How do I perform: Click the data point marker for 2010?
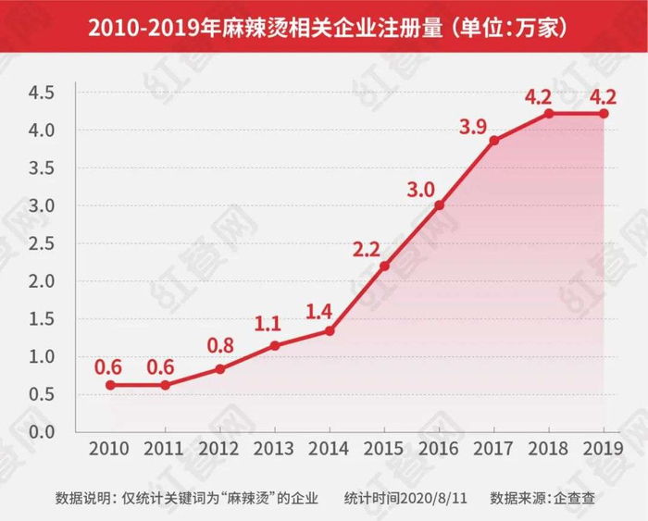click(110, 385)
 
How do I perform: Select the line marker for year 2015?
click(384, 266)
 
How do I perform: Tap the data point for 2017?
click(494, 140)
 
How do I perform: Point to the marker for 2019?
click(604, 113)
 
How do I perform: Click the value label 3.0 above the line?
click(421, 190)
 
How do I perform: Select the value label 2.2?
click(367, 249)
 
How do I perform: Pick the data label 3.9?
click(475, 125)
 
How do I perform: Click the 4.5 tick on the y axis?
click(42, 93)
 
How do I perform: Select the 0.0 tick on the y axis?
click(42, 432)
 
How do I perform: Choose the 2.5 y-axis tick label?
click(42, 243)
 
